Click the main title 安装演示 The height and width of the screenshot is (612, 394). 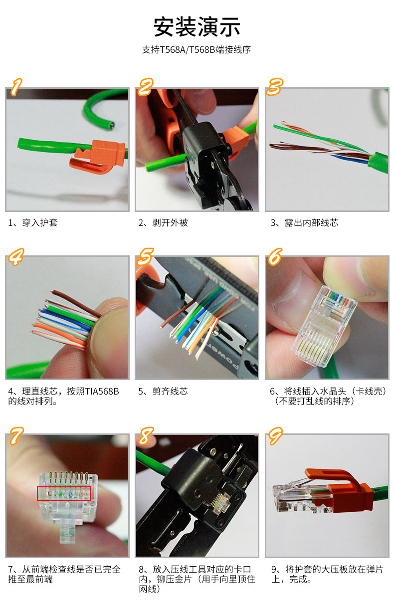pyautogui.click(x=197, y=26)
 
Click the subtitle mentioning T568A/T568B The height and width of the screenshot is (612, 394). pyautogui.click(x=197, y=50)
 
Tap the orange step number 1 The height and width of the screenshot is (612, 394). pyautogui.click(x=16, y=87)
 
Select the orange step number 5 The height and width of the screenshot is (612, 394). pyautogui.click(x=145, y=256)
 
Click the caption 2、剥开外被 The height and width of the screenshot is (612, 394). pyautogui.click(x=164, y=223)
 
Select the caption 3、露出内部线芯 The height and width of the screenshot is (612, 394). pyautogui.click(x=304, y=223)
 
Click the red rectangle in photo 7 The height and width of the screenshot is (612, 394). pyautogui.click(x=64, y=493)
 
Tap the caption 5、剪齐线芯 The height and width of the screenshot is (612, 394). pyautogui.click(x=163, y=392)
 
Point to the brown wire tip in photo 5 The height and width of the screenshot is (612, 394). pyautogui.click(x=162, y=326)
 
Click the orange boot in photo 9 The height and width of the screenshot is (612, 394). pyautogui.click(x=344, y=489)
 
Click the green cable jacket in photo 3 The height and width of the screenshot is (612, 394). pyautogui.click(x=378, y=163)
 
